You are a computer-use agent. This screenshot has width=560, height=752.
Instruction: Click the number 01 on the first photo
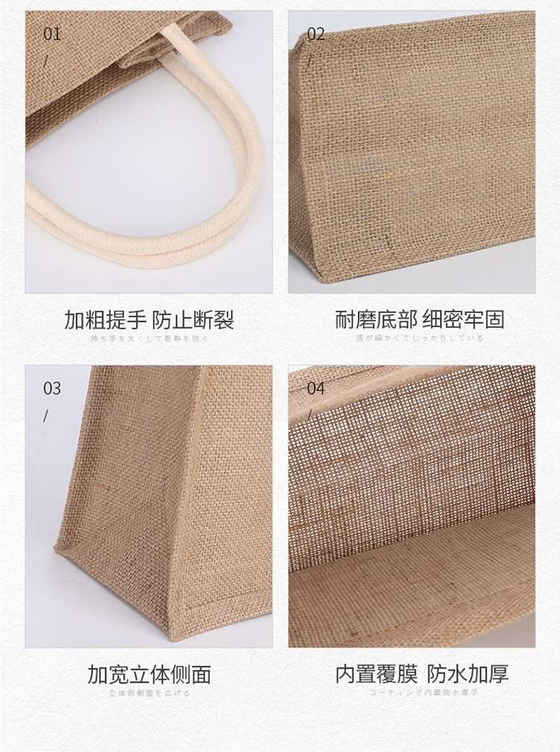[x=52, y=34]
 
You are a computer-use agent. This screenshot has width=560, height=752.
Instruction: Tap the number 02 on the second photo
[x=316, y=34]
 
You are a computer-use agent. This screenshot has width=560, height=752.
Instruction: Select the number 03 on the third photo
[x=52, y=388]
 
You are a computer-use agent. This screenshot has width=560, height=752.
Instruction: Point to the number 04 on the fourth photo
[x=316, y=388]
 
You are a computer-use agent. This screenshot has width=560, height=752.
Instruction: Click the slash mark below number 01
[x=46, y=60]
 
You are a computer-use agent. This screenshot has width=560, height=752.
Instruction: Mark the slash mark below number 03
[x=46, y=415]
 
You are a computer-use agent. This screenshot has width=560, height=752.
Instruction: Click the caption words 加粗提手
[x=105, y=320]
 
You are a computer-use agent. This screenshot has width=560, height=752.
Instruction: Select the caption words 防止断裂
[x=193, y=320]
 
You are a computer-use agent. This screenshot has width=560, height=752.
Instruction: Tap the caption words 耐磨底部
[x=376, y=320]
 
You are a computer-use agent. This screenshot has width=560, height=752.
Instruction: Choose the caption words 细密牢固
[x=464, y=320]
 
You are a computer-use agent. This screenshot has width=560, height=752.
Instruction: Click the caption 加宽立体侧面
[x=149, y=674]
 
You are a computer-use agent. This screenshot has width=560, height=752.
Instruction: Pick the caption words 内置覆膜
[x=376, y=674]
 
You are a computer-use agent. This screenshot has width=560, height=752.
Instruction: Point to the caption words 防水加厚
[x=467, y=674]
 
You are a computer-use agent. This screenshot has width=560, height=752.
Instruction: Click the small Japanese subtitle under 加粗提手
[x=149, y=339]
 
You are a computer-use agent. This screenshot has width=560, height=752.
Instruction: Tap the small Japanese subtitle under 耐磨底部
[x=420, y=338]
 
